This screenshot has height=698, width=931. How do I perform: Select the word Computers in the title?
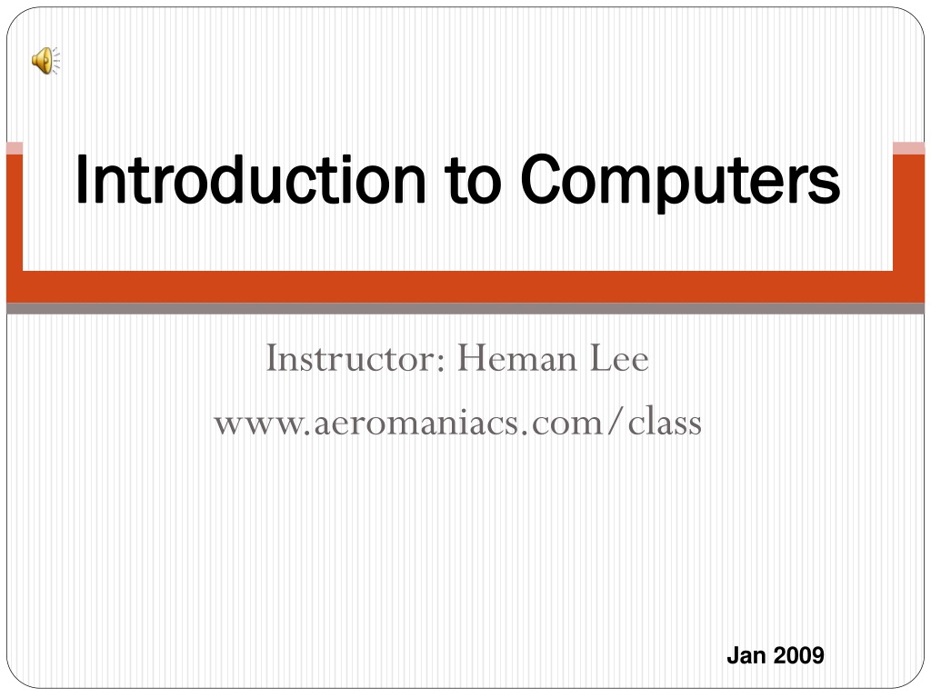click(680, 181)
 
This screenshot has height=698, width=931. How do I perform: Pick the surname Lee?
click(619, 360)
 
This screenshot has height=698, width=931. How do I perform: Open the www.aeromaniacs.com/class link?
click(457, 423)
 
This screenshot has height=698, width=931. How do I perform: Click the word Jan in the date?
click(746, 655)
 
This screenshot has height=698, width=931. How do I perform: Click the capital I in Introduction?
click(82, 181)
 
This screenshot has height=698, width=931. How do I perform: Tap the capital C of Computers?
click(544, 181)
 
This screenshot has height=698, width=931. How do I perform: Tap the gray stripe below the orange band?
click(465, 309)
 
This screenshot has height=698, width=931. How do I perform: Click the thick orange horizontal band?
click(465, 286)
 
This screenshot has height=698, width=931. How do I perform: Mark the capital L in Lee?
click(600, 360)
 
